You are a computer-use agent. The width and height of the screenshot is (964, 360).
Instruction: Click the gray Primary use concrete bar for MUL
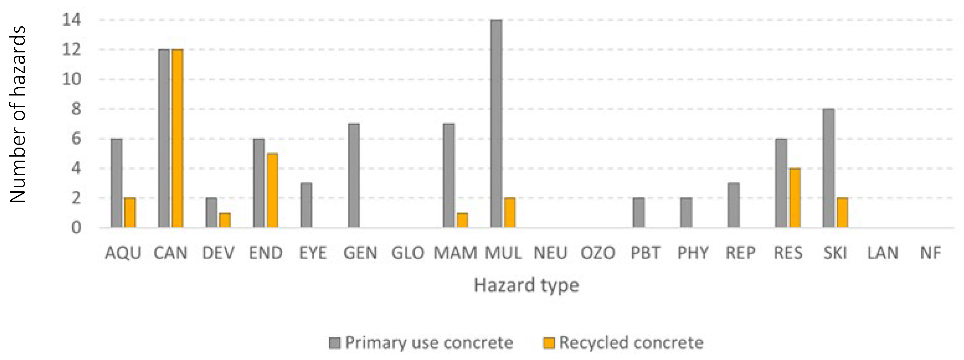click(496, 123)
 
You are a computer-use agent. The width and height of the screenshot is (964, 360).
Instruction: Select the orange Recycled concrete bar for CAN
click(177, 139)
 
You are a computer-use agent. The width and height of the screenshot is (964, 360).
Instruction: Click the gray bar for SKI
click(828, 168)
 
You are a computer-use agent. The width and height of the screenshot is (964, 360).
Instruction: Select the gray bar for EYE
click(306, 205)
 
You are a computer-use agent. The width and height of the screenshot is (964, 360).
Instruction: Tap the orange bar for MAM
click(462, 220)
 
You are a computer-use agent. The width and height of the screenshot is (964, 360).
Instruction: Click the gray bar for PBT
click(639, 212)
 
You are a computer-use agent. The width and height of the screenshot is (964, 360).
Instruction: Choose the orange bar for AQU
click(130, 212)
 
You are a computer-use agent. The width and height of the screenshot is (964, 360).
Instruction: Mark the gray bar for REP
click(734, 205)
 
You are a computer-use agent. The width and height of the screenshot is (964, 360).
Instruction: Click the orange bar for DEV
click(225, 220)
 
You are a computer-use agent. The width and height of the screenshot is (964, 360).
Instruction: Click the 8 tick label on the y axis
click(76, 109)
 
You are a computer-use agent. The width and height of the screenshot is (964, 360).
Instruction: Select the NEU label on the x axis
click(550, 253)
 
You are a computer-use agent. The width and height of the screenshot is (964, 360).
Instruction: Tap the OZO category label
click(598, 253)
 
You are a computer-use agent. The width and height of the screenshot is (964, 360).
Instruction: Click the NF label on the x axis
click(930, 253)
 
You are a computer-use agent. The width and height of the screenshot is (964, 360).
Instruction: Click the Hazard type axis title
click(526, 285)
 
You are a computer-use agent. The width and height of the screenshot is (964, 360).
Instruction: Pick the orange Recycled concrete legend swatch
click(549, 343)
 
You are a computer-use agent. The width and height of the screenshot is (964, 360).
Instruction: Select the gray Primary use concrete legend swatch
click(335, 343)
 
